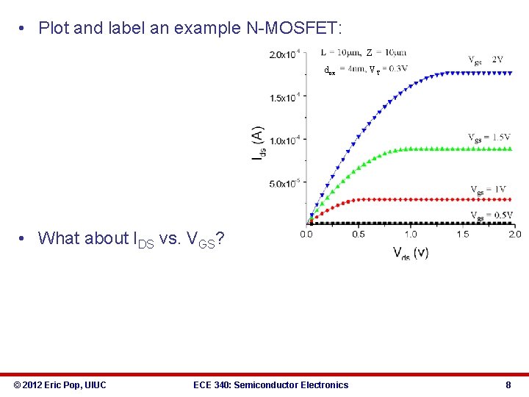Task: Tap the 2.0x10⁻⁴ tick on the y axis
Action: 284,54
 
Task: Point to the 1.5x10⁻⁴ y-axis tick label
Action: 284,98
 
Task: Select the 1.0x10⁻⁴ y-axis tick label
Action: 284,140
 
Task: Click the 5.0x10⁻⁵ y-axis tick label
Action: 284,183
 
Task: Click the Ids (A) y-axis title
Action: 258,144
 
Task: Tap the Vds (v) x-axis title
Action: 411,253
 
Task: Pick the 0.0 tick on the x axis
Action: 306,234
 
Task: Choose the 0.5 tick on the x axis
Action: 359,234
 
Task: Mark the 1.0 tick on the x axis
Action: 411,234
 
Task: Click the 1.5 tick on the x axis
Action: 463,234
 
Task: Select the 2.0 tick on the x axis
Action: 514,234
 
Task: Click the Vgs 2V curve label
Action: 486,60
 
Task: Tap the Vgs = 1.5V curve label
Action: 489,137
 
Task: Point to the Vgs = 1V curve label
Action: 488,189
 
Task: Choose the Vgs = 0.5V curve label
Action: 492,215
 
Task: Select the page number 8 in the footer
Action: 508,385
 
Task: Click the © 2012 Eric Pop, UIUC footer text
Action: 60,385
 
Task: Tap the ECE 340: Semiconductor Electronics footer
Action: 270,385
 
